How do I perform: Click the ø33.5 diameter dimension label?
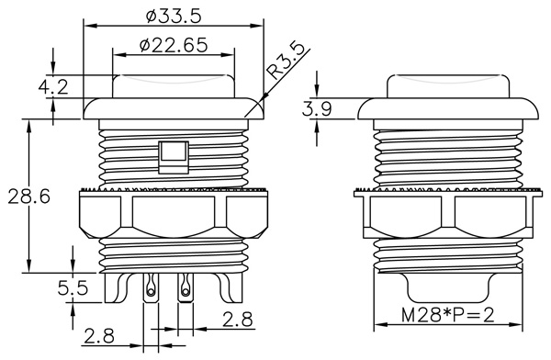click(174, 17)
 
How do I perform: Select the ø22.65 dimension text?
click(174, 45)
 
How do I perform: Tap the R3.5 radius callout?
click(286, 62)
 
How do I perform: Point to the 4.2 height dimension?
click(53, 86)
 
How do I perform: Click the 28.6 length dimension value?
click(29, 197)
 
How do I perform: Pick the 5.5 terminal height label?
click(73, 288)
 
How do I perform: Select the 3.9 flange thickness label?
click(317, 108)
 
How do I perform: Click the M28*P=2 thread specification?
click(448, 315)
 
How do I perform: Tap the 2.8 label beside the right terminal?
click(238, 320)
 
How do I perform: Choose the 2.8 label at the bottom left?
click(99, 336)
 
